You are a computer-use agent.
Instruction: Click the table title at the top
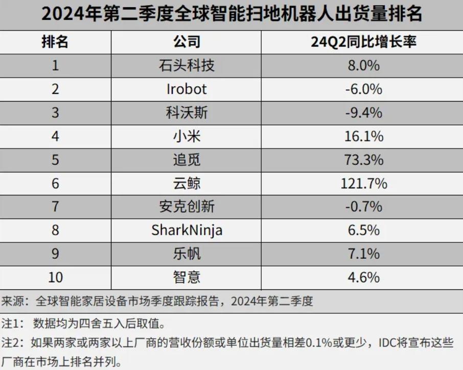[231, 14]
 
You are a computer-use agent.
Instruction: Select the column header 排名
[55, 41]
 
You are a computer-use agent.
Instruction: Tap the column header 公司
[187, 41]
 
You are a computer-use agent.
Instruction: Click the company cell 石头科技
[187, 65]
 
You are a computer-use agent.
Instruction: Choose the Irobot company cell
[187, 89]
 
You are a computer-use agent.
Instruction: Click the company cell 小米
[187, 136]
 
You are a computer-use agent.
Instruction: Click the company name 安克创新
[187, 207]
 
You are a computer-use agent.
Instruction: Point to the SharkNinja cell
[187, 230]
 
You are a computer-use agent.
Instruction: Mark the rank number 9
[55, 254]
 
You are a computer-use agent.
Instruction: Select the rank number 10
[55, 277]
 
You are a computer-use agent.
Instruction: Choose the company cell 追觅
[187, 160]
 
